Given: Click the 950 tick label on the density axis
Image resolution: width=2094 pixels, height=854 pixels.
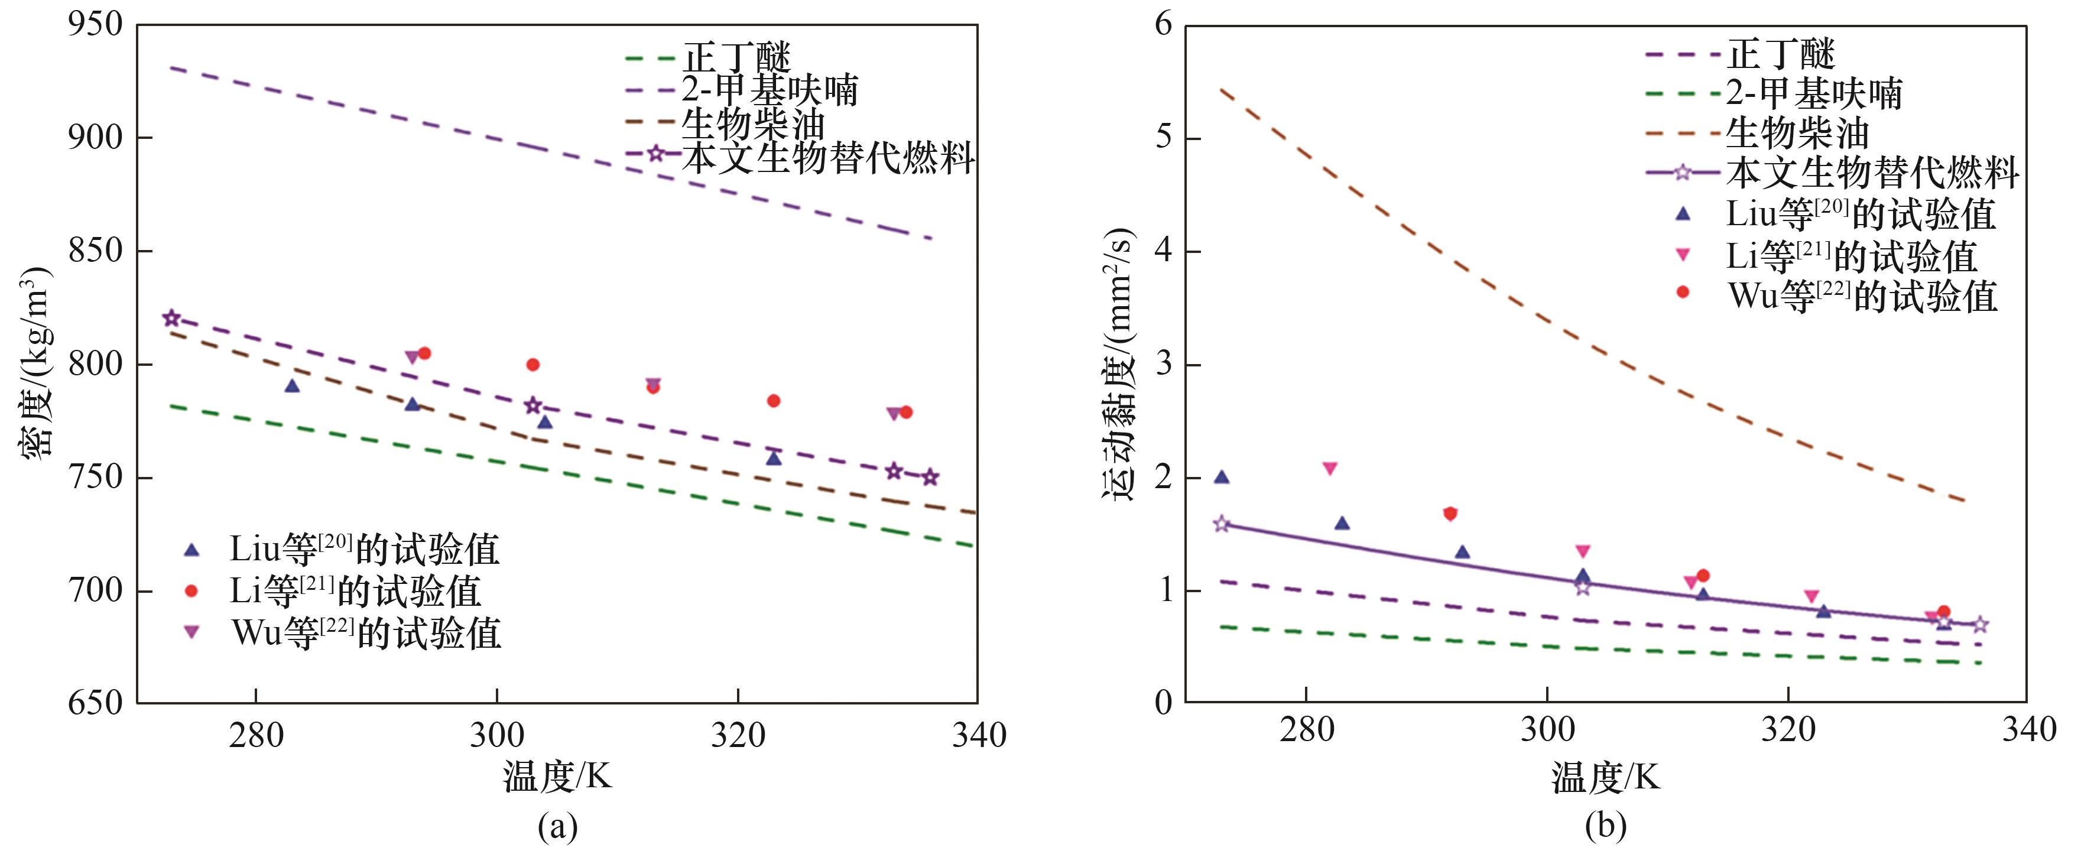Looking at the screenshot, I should [95, 24].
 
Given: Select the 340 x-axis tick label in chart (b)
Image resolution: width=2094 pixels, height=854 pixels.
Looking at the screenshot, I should [2029, 730].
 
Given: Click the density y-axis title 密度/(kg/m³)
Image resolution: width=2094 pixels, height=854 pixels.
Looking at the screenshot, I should [37, 363].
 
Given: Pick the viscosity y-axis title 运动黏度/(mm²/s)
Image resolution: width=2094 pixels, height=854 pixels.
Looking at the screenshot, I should [1119, 363].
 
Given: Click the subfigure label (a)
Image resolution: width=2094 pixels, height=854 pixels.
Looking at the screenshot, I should [558, 827].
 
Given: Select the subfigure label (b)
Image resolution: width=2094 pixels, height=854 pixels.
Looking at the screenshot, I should [1605, 827].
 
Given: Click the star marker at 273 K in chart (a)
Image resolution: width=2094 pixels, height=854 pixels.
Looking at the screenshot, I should [171, 319].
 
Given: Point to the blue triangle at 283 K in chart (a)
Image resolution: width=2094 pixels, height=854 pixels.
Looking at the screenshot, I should [292, 386].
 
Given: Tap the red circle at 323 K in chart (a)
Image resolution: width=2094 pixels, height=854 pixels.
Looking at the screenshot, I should [774, 401].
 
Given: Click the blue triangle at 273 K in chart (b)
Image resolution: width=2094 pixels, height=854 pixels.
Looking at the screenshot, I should [1221, 478].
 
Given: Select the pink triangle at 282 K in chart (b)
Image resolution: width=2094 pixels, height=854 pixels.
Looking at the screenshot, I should [1330, 469].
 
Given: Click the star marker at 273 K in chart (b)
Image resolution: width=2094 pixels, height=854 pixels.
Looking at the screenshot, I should [1221, 524].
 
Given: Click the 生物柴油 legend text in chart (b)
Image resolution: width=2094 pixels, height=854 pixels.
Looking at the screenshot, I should [1797, 132].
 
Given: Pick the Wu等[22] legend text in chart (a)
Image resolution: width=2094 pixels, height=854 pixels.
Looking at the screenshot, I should [366, 632].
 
